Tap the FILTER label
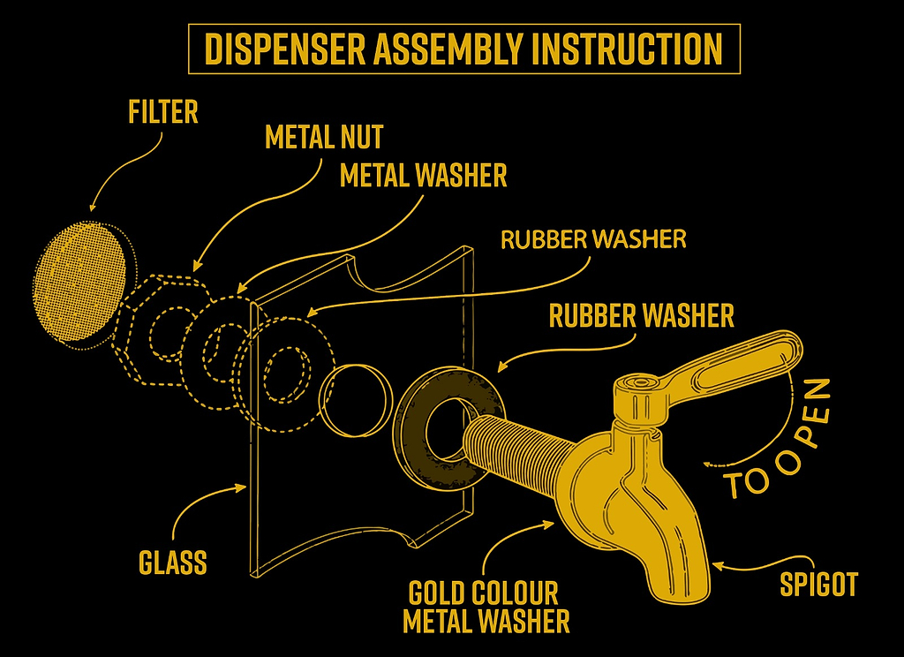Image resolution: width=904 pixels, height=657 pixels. pyautogui.click(x=162, y=113)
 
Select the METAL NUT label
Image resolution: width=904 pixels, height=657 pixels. pyautogui.click(x=324, y=138)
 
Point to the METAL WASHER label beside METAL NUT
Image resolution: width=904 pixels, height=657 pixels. pyautogui.click(x=424, y=176)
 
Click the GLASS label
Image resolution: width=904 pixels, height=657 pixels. pyautogui.click(x=173, y=562)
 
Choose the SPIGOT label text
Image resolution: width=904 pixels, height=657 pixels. pyautogui.click(x=818, y=584)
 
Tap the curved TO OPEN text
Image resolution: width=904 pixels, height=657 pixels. pyautogui.click(x=777, y=442)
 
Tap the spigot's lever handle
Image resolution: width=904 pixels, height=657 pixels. pyautogui.click(x=742, y=362)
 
